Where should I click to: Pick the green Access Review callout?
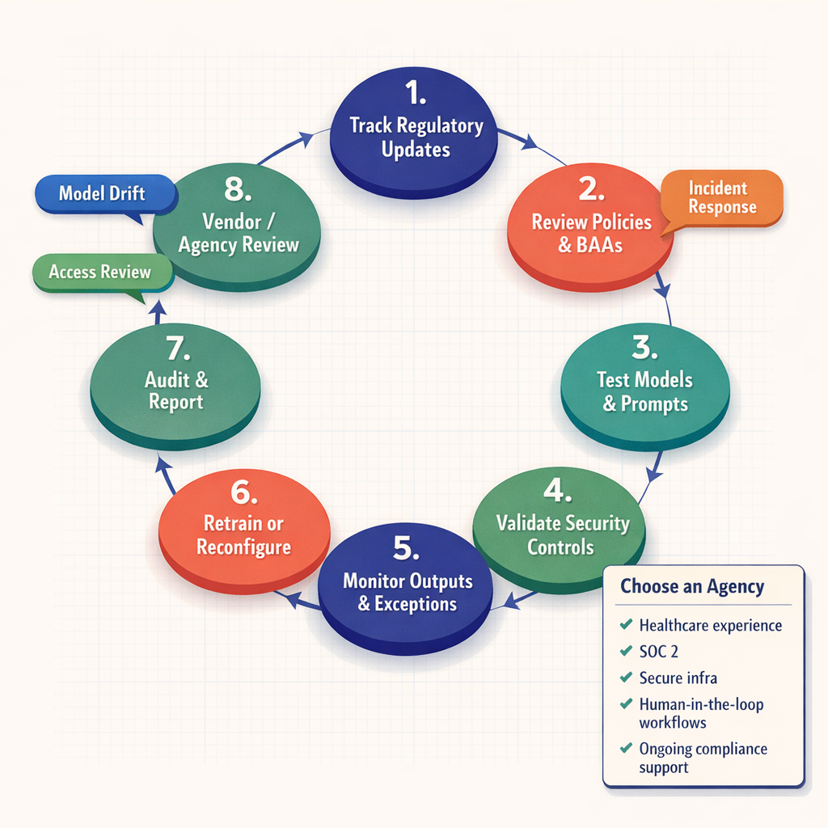101,272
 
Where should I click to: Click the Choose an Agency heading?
692,586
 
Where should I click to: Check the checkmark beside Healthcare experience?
625,625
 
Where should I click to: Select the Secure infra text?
678,678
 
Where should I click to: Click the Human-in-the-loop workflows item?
700,713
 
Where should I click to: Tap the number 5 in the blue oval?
406,549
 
